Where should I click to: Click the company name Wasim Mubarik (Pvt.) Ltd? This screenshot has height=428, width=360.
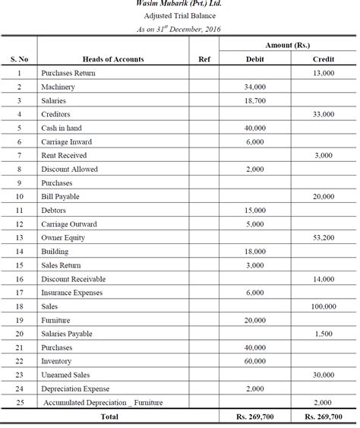tap(180, 4)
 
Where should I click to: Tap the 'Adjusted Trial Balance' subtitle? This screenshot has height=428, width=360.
tap(180, 16)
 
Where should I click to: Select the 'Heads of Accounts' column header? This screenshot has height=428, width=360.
tap(113, 59)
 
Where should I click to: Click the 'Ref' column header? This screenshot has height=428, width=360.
tap(204, 59)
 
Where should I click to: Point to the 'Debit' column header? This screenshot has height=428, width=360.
tap(255, 59)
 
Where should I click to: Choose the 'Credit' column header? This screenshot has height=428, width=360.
tap(324, 59)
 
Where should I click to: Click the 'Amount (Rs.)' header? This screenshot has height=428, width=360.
tap(289, 46)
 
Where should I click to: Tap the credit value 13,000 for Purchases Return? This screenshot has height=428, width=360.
tap(324, 73)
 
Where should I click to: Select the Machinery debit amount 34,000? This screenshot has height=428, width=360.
tap(255, 87)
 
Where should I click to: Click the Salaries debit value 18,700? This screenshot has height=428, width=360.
tap(255, 100)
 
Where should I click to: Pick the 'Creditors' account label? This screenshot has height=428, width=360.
tap(56, 114)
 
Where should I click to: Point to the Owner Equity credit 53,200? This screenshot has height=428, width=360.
tap(324, 238)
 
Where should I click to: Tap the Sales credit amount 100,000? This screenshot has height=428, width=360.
tap(324, 306)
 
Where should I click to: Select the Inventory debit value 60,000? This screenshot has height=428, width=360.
tap(255, 361)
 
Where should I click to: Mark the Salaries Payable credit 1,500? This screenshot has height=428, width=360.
tap(324, 334)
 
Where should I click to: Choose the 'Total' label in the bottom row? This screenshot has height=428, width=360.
tap(109, 417)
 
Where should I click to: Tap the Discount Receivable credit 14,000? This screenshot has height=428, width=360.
tap(324, 279)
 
